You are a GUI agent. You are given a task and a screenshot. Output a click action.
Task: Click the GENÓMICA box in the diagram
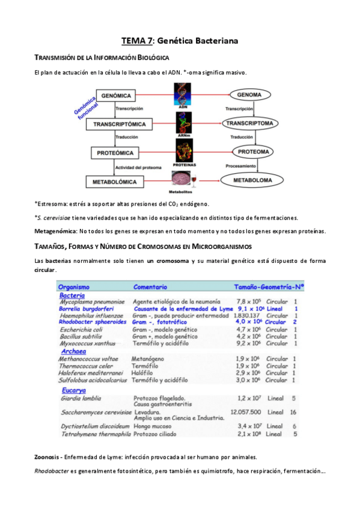[116, 96]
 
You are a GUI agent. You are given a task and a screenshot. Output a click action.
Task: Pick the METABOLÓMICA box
[117, 181]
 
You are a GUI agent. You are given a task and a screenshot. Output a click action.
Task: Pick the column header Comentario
[150, 287]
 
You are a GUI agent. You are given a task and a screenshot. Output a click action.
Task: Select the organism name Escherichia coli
[81, 329]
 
